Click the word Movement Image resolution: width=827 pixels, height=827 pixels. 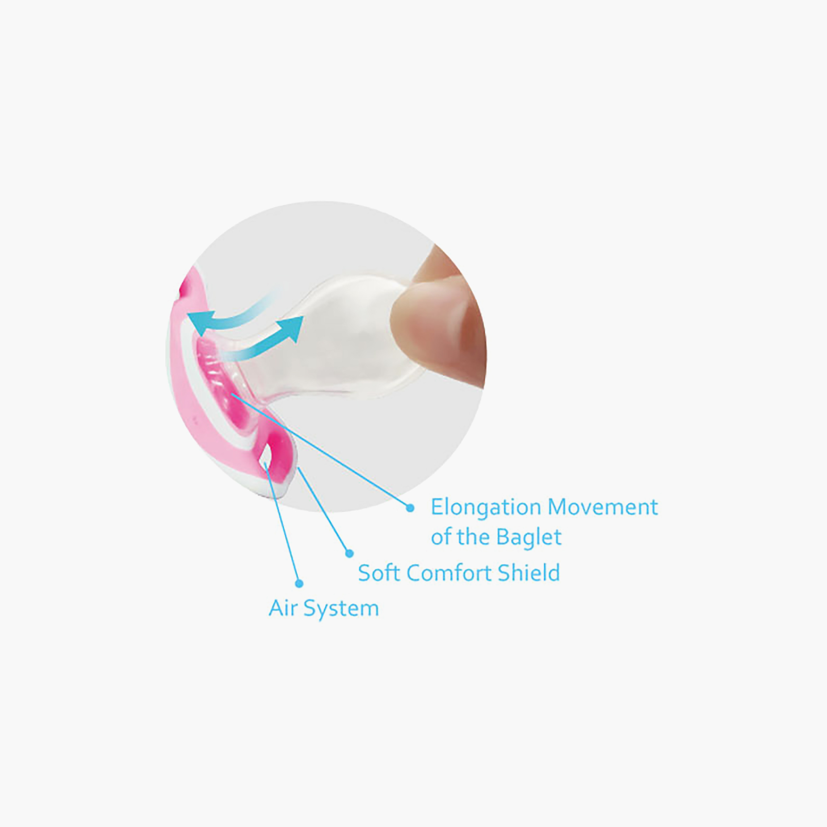[x=603, y=507]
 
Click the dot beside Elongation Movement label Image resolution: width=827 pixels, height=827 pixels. [x=410, y=508]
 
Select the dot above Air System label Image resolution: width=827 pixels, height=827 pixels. [x=300, y=583]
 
